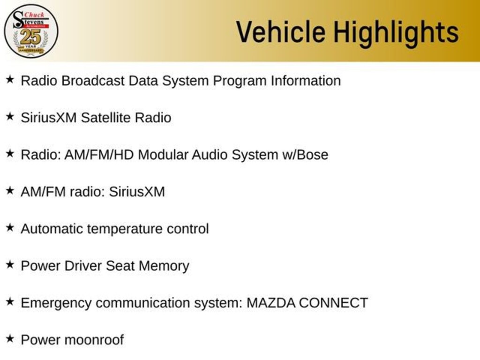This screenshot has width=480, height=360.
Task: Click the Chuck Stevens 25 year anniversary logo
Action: [x=31, y=31]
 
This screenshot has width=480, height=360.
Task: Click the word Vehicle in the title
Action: [x=281, y=32]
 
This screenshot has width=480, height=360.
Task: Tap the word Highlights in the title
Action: [x=396, y=34]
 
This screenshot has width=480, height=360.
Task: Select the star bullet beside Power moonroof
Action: [x=10, y=338]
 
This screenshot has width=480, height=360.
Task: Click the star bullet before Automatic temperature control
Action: [x=10, y=227]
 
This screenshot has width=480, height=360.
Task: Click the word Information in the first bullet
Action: [x=306, y=81]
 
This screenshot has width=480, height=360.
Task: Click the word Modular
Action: [x=163, y=155]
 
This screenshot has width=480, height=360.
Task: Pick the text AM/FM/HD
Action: [x=99, y=155]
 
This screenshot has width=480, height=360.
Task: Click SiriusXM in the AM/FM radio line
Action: [x=137, y=192]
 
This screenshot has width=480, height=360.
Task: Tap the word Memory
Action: [x=164, y=266]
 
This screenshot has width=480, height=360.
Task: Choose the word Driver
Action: [x=83, y=266]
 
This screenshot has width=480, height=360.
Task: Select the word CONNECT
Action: [x=333, y=303]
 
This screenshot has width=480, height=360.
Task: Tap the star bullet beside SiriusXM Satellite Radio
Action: [x=10, y=116]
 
